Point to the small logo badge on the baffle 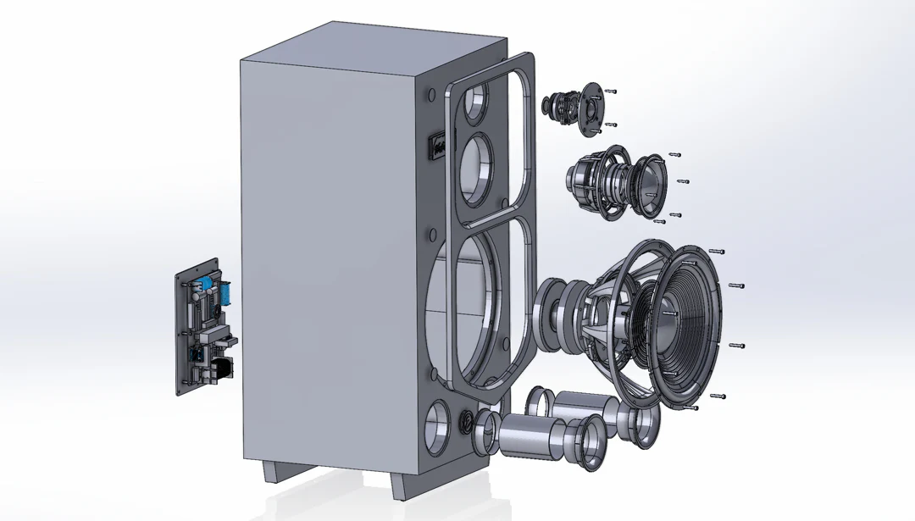[x=437, y=146]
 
